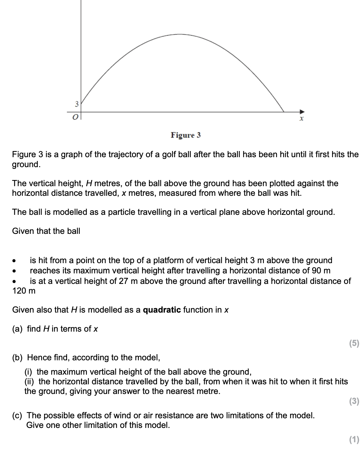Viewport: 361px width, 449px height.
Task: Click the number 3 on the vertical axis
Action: (77, 104)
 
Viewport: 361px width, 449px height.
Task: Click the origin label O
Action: (75, 117)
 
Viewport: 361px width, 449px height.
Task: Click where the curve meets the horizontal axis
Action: (284, 112)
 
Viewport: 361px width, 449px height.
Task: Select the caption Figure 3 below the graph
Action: (186, 135)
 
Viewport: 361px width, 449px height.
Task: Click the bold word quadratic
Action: (162, 310)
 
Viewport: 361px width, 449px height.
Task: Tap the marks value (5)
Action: (354, 343)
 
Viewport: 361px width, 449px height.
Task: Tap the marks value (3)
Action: (354, 401)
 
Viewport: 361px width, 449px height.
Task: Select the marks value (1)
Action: (354, 439)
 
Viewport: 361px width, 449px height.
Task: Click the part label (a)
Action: (17, 329)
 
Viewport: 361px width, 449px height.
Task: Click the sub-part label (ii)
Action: (30, 382)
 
